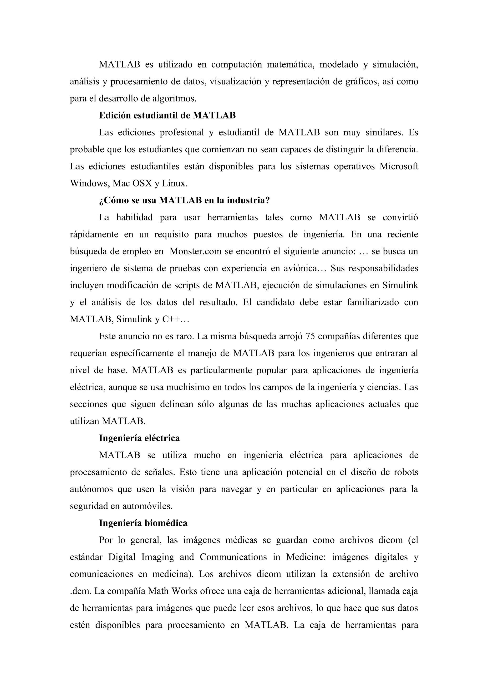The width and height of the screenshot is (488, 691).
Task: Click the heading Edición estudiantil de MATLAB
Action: (x=167, y=116)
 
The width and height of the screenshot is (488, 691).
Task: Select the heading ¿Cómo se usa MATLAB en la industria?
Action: (x=184, y=201)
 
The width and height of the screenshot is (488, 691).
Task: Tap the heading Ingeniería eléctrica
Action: (x=139, y=438)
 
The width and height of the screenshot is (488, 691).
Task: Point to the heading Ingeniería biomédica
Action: (x=143, y=523)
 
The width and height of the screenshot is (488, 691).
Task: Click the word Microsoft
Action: (x=399, y=166)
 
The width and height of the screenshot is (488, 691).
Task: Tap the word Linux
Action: (x=174, y=184)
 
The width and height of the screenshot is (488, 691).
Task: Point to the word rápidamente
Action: (x=94, y=234)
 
